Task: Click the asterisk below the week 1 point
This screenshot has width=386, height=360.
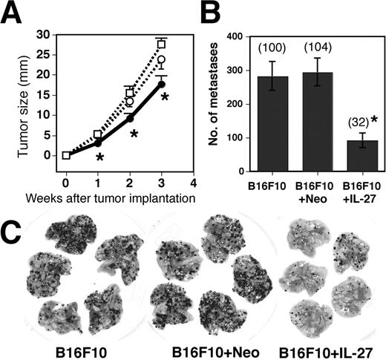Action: pyautogui.click(x=99, y=157)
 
